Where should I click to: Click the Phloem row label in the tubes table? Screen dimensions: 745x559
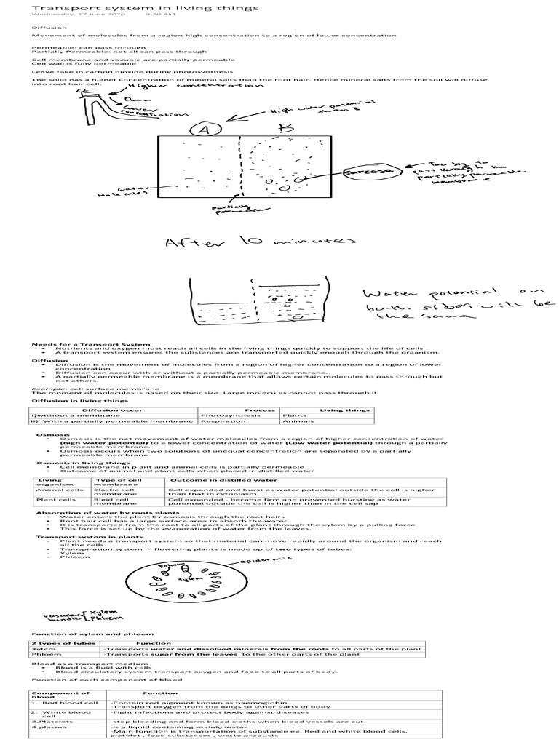(x=44, y=655)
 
